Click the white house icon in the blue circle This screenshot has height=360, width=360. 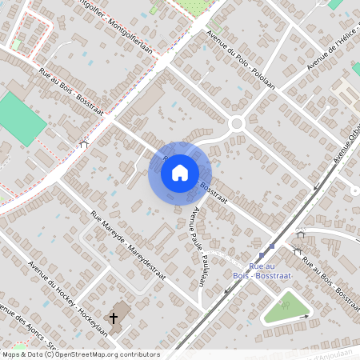tap(180, 172)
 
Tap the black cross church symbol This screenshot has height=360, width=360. tap(114, 318)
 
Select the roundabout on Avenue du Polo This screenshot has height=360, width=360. tap(237, 124)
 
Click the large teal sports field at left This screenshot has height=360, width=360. tap(20, 118)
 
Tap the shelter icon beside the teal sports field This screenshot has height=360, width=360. tap(84, 144)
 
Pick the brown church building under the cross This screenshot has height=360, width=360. tap(120, 312)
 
